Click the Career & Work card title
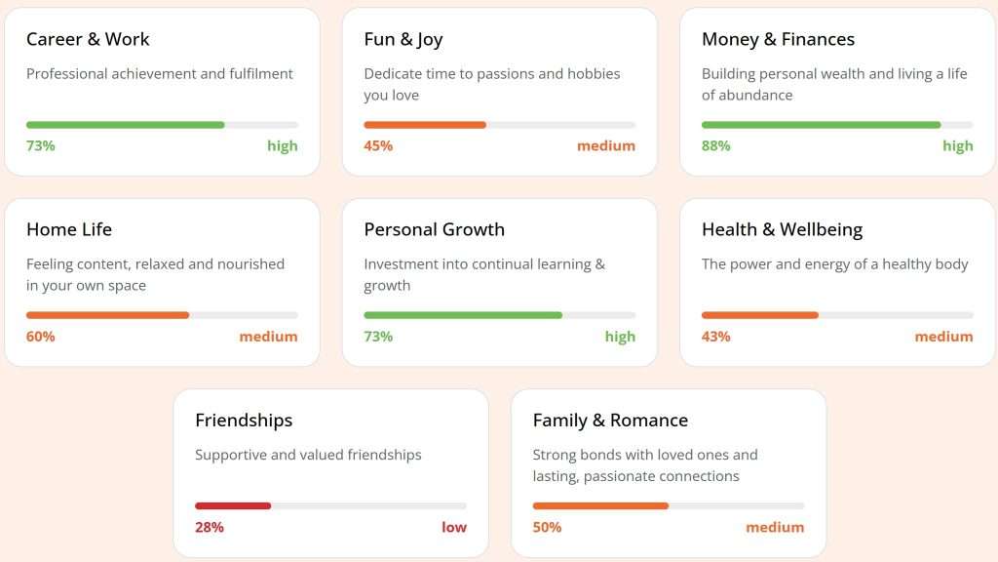(x=88, y=39)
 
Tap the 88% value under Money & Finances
(x=715, y=145)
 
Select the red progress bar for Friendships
(x=233, y=505)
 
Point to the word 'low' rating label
(x=454, y=527)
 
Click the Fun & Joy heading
(x=403, y=39)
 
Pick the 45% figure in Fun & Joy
(x=378, y=145)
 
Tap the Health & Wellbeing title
(x=782, y=229)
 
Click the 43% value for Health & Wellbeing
(x=715, y=337)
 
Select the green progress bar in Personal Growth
(x=463, y=315)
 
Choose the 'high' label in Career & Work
(x=283, y=145)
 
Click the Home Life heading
(x=69, y=229)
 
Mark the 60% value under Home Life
(x=40, y=337)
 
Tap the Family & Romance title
(x=610, y=421)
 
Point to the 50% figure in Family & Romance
(x=547, y=527)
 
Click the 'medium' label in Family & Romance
(x=775, y=527)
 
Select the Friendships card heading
(x=244, y=421)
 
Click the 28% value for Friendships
(x=209, y=527)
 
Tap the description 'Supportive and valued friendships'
(x=308, y=455)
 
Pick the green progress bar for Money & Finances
(x=821, y=125)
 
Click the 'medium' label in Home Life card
(x=268, y=337)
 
